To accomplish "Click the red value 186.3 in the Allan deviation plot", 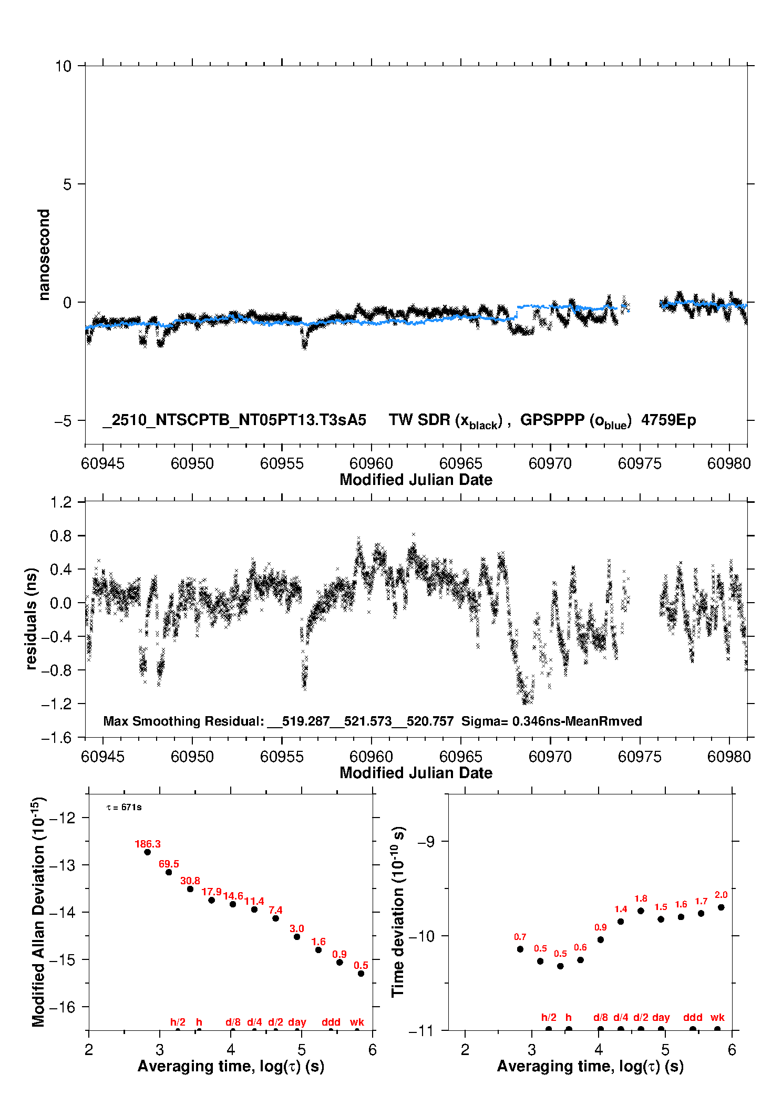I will coord(147,844).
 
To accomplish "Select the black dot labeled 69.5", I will coord(169,872).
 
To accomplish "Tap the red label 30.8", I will coord(190,881).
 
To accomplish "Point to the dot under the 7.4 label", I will coord(275,918).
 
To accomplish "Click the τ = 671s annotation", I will coord(124,807).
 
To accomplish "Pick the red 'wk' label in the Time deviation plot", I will coord(717,1017).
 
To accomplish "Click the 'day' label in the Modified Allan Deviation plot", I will coord(297,1022).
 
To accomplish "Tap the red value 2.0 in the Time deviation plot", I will coord(721,895).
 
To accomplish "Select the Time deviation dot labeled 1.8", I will coord(641,911).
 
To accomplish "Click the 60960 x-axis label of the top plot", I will coord(371,463).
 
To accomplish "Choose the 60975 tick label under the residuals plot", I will coord(640,757).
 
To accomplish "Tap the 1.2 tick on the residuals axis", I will coord(61,502).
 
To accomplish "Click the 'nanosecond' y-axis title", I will coord(44,255).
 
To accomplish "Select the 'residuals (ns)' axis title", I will coord(32,618).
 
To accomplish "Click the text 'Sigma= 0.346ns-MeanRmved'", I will coord(551,721).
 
